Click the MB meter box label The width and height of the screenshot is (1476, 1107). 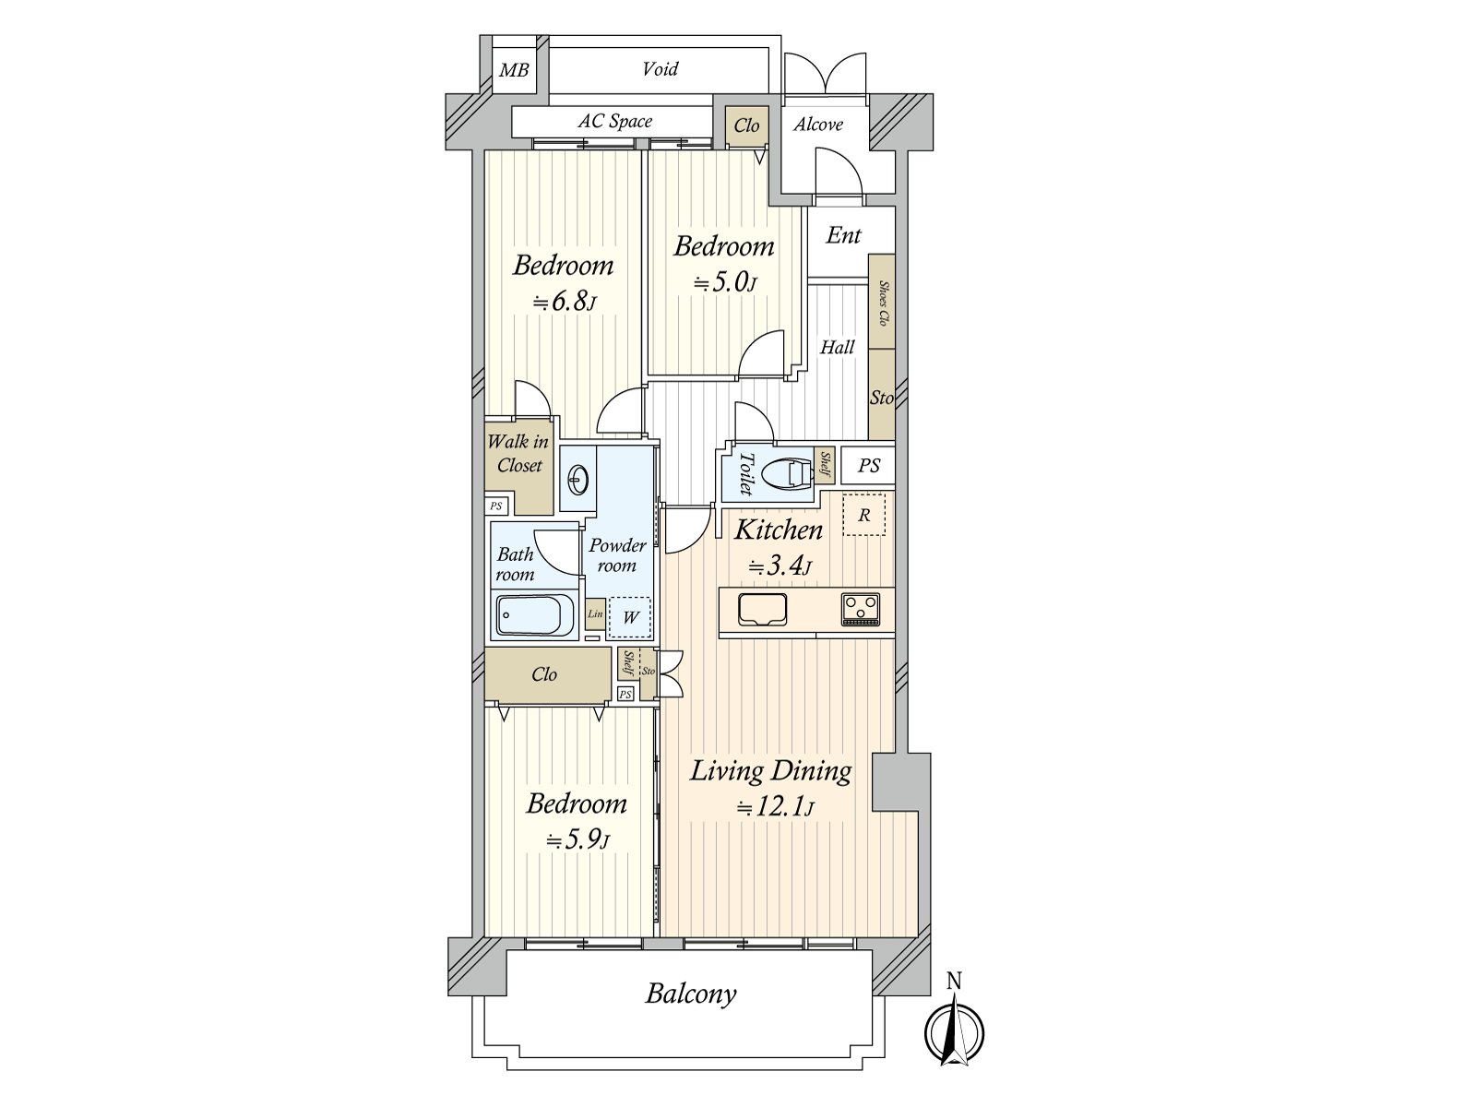coord(514,70)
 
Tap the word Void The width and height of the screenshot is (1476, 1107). coord(660,68)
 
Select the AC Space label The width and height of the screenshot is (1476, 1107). coord(614,121)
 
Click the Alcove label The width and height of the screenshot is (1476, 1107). coord(817,125)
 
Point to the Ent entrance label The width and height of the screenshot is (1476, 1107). coord(843,235)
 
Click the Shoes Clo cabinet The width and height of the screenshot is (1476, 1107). coord(882,301)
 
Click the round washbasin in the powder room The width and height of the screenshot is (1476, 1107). coord(577,480)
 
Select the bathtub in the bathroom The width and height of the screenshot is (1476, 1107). coord(536,615)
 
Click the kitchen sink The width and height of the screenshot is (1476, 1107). coord(763,610)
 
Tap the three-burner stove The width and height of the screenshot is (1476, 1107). coord(860,610)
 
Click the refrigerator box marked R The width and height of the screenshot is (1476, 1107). coord(864,516)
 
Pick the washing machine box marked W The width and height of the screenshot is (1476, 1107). coord(630,618)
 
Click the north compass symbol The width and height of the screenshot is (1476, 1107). coord(954,1032)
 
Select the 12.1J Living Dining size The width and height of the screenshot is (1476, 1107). coord(775,807)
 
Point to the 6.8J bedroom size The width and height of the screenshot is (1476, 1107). coord(565,302)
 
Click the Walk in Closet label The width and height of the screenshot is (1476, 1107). coord(518,453)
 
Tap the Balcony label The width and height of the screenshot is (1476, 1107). coord(691,994)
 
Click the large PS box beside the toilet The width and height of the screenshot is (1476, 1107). coord(868,465)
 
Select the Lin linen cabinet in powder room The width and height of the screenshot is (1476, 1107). coord(595,613)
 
